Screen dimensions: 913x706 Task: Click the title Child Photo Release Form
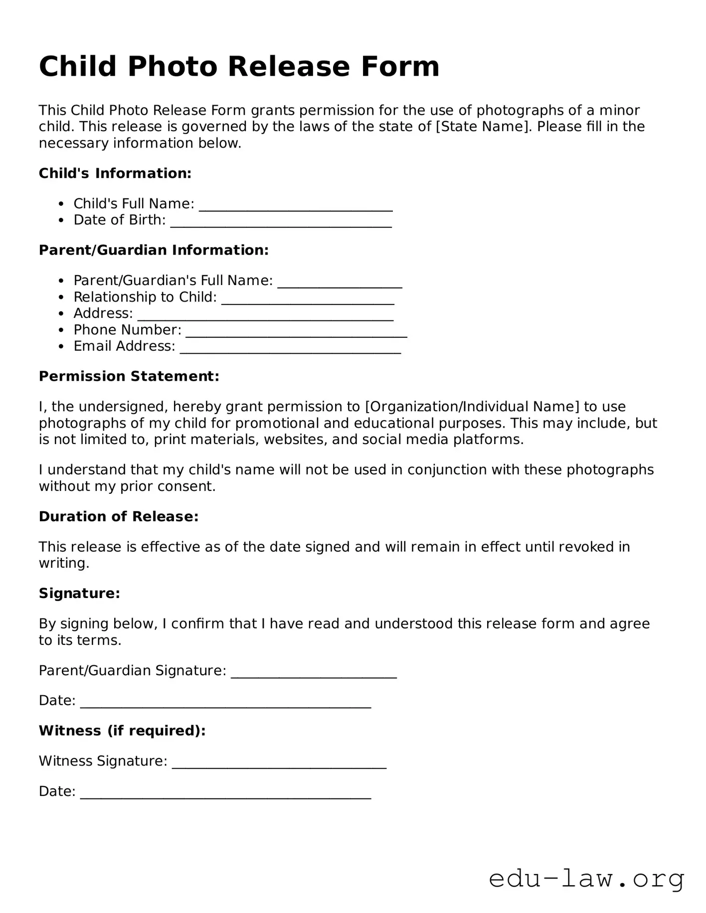(239, 66)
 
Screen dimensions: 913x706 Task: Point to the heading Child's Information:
(115, 173)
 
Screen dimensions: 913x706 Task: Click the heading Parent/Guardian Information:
(154, 250)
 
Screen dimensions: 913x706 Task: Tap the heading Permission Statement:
(129, 376)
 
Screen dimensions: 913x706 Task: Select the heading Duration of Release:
(119, 517)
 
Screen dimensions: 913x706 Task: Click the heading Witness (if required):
(122, 731)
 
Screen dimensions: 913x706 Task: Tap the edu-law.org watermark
(586, 879)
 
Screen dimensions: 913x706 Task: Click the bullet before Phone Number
(61, 330)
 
